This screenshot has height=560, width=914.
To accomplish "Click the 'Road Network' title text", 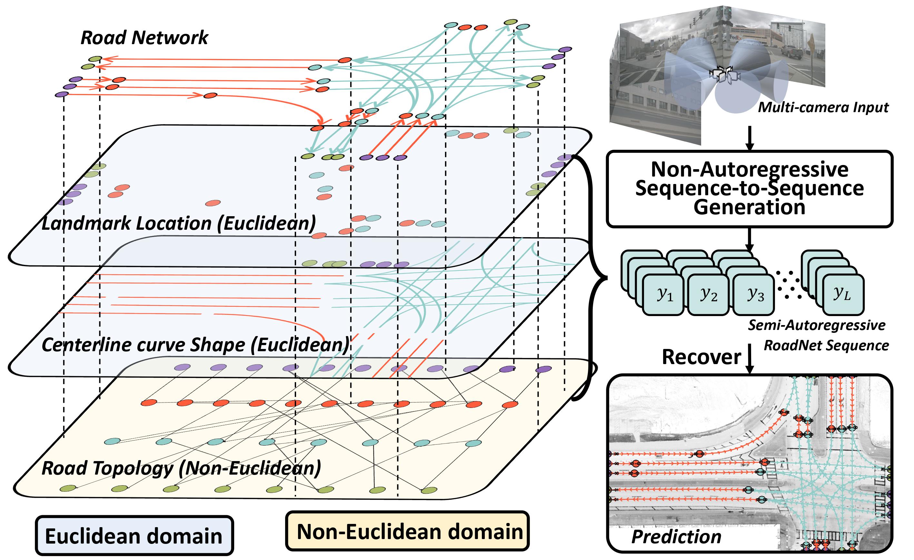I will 144,38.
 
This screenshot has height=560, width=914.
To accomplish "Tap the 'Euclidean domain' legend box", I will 134,536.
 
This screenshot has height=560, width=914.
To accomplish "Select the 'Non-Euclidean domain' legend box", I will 407,531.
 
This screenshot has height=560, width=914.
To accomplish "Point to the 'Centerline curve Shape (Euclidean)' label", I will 195,345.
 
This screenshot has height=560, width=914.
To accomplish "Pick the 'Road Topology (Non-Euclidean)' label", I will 181,468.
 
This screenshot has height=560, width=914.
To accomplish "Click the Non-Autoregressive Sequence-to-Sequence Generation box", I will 749,188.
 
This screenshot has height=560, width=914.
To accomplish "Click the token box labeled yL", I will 843,294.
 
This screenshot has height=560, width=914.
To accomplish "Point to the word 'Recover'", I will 701,357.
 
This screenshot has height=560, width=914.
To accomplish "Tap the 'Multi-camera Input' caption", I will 823,108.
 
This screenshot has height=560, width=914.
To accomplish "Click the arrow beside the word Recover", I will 749,358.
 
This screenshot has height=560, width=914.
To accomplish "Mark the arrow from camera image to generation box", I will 749,138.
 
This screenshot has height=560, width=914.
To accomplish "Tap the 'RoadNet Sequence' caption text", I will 826,345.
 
